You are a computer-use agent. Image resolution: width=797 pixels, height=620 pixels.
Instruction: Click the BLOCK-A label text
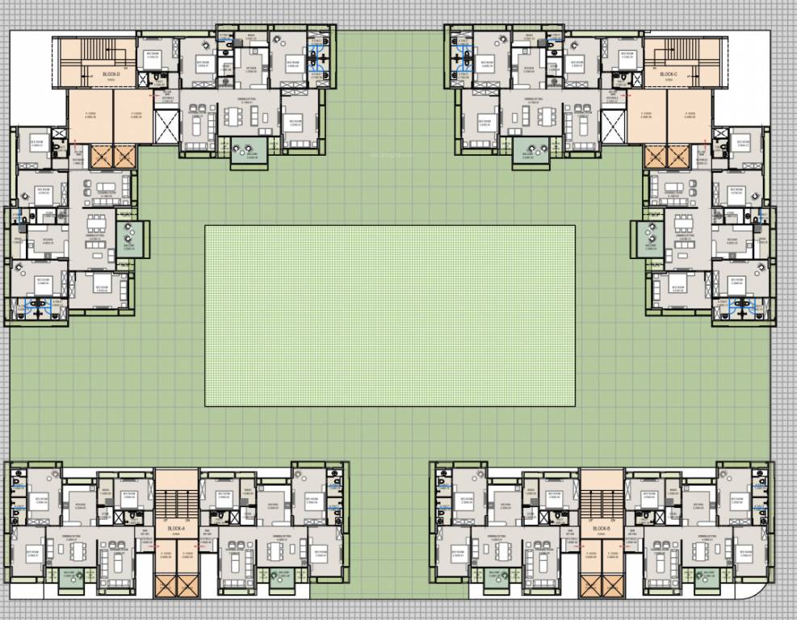[x=177, y=529]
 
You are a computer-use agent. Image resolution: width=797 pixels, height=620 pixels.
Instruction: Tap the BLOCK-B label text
[x=601, y=529]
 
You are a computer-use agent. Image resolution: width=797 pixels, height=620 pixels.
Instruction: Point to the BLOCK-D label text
[x=111, y=74]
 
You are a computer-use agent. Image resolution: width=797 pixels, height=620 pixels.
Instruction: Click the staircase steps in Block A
[x=177, y=505]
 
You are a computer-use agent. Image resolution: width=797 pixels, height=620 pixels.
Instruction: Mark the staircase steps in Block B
[x=602, y=505]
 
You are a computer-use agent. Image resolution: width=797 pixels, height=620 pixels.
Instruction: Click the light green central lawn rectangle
[x=390, y=315]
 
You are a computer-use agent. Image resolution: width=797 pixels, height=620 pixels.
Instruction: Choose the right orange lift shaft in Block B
[x=612, y=584]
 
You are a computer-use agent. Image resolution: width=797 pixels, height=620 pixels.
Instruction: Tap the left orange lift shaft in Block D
[x=103, y=157]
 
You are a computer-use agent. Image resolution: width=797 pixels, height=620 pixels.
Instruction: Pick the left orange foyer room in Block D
[x=90, y=115]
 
